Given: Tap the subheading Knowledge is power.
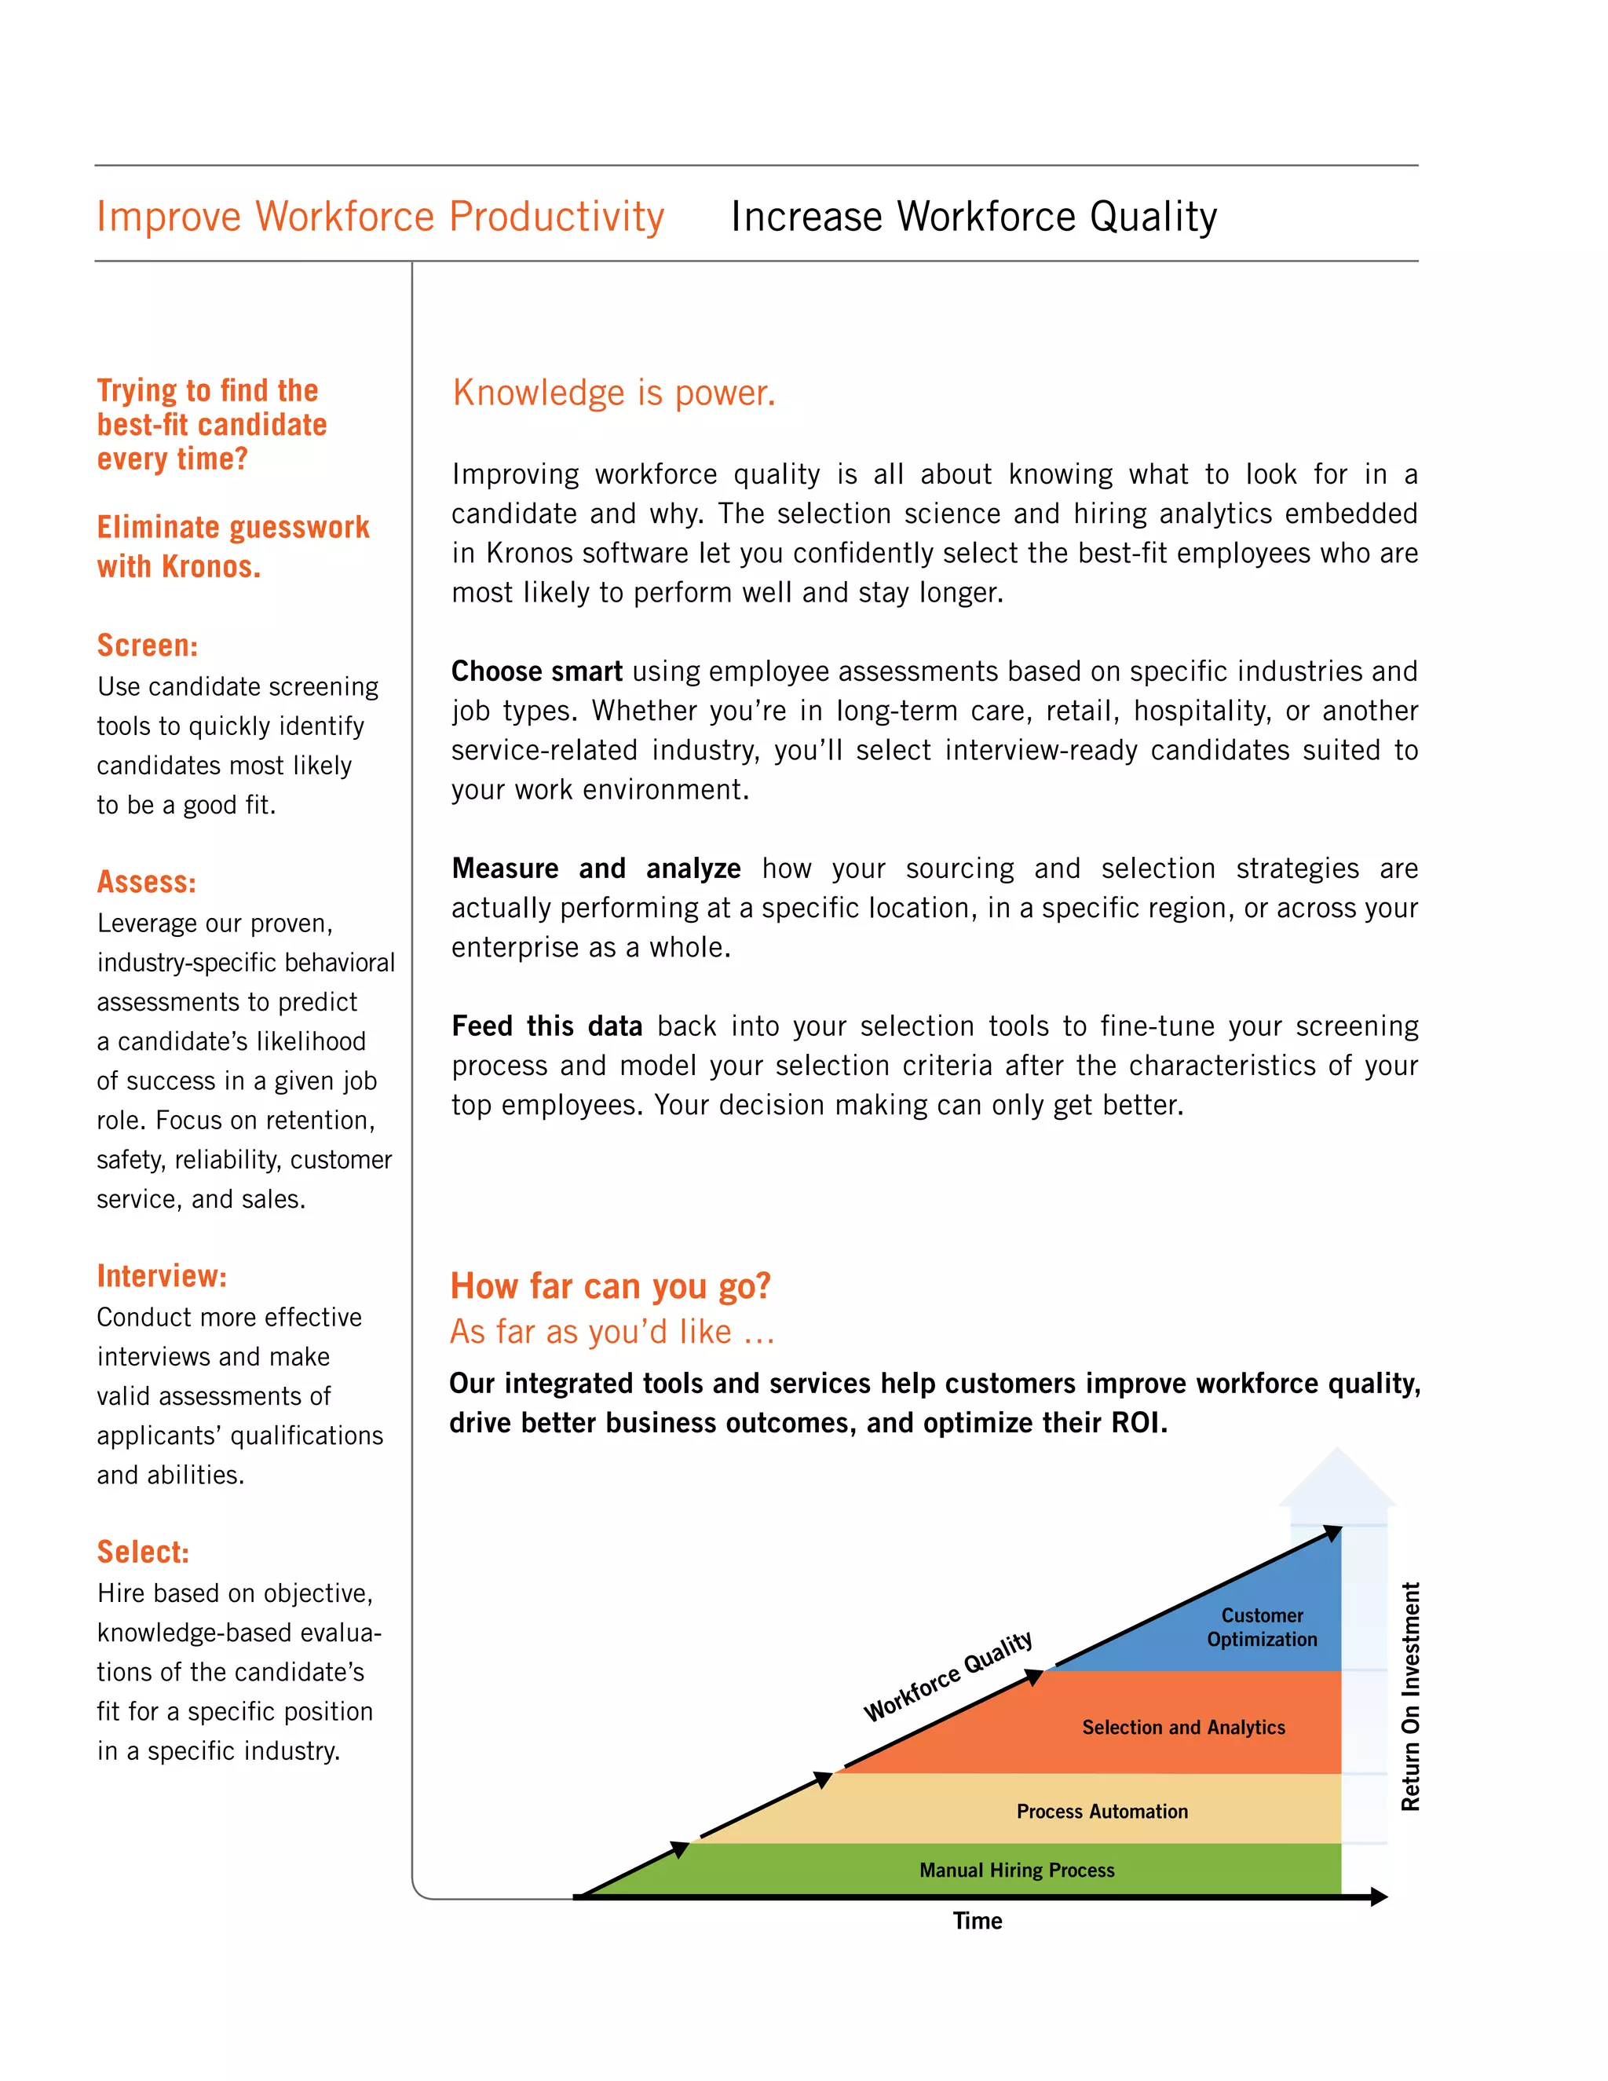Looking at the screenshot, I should [x=613, y=393].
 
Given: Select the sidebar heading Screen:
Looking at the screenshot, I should [x=147, y=645].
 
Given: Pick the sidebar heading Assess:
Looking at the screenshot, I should [x=146, y=881].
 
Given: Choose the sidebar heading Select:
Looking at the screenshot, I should [x=143, y=1551].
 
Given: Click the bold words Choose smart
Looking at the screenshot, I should [x=536, y=671].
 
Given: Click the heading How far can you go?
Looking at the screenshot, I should [x=609, y=1286].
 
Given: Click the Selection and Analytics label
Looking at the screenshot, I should [x=1183, y=1727].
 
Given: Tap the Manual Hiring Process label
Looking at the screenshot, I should [x=1017, y=1870].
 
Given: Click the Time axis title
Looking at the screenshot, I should [x=978, y=1920].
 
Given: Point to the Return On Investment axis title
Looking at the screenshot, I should [x=1410, y=1696].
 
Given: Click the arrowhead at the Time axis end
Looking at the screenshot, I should [x=1379, y=1896].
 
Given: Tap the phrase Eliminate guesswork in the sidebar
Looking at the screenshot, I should [x=232, y=527].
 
